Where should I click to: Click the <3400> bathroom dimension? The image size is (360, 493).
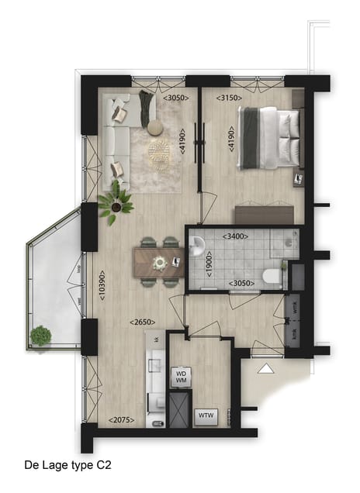237,236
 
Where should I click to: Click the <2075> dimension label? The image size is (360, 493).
122,420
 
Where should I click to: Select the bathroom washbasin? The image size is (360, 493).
197,247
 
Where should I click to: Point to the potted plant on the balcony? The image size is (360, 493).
40,336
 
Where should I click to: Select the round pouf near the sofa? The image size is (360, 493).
154,126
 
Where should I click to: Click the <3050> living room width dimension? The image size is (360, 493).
177,98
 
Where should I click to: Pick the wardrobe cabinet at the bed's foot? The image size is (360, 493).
265,214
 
